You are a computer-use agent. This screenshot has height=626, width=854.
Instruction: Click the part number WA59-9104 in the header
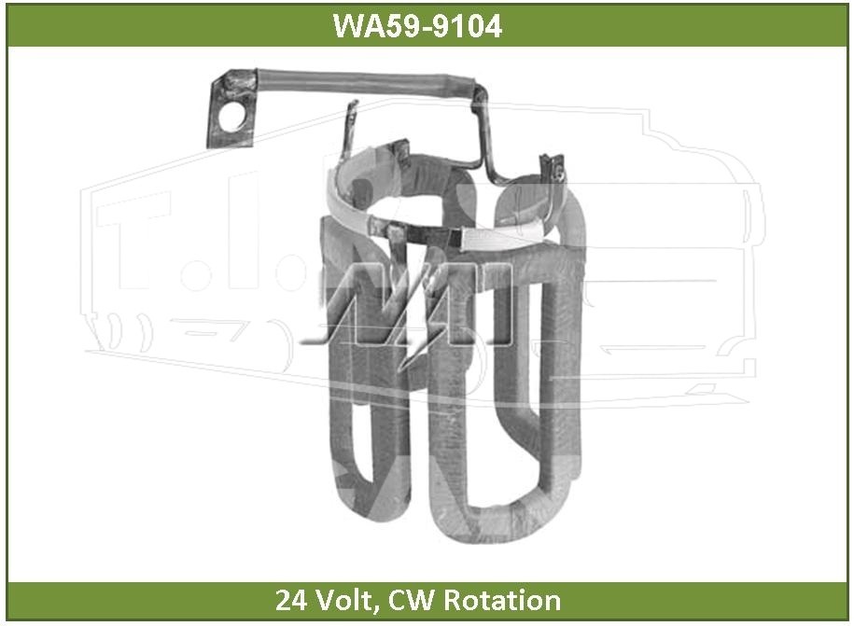[x=417, y=25]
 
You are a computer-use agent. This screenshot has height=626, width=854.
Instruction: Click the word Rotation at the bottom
[x=502, y=600]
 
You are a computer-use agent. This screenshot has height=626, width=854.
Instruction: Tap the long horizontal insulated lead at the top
[x=365, y=83]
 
